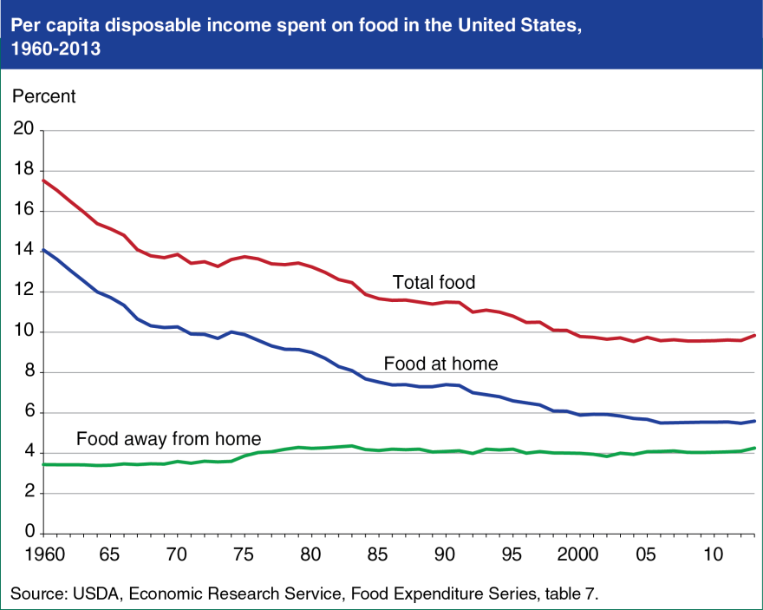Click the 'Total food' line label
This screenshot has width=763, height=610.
point(434,282)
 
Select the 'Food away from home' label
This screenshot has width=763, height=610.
point(168,438)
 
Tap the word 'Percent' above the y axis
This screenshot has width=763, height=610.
point(43,96)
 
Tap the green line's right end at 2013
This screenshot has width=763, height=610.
point(755,448)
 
